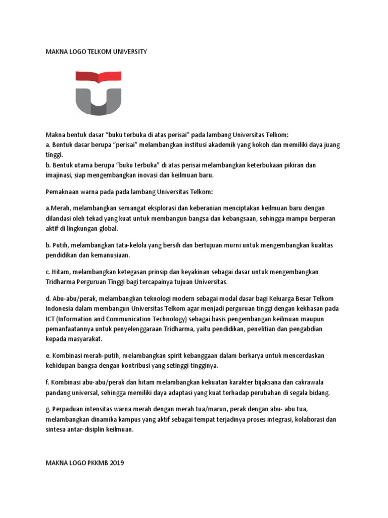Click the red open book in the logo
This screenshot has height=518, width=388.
pyautogui.click(x=99, y=76)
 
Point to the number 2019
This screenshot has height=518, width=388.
pyautogui.click(x=116, y=462)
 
